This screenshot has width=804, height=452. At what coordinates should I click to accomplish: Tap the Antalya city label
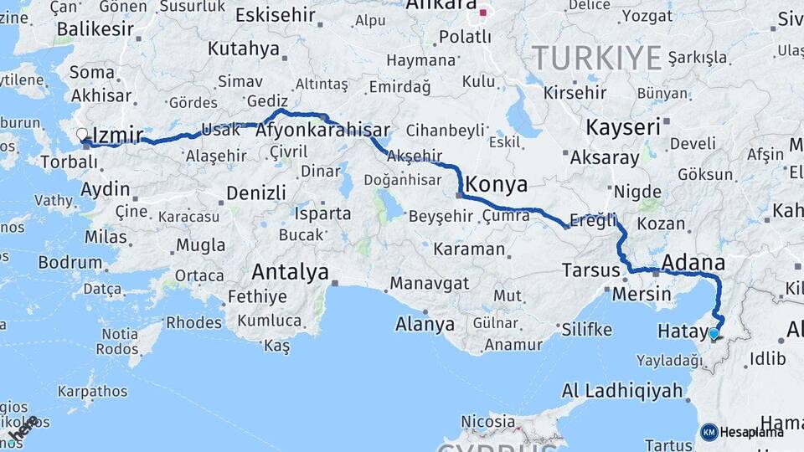(x=290, y=272)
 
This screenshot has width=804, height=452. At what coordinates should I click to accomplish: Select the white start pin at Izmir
(x=82, y=134)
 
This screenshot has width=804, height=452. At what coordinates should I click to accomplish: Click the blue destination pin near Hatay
(x=714, y=334)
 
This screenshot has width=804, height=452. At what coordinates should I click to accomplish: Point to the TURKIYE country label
(x=596, y=59)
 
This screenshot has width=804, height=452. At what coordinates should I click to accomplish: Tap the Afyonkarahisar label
(x=322, y=131)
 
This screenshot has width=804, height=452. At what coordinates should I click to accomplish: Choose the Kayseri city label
(x=623, y=128)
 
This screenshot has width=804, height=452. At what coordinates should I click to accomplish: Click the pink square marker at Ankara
(x=482, y=13)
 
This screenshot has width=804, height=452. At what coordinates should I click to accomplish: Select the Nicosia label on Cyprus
(x=487, y=421)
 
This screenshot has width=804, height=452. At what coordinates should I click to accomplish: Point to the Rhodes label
(x=193, y=322)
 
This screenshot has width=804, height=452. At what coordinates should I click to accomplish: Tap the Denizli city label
(x=256, y=193)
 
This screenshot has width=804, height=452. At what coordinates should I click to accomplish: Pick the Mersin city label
(x=642, y=294)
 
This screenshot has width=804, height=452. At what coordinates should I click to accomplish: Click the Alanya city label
(x=425, y=325)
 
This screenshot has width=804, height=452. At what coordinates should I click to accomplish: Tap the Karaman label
(x=469, y=249)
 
